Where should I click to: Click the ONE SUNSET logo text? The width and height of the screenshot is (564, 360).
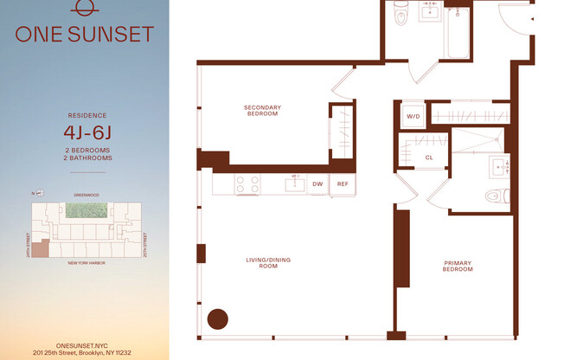coord(85,34)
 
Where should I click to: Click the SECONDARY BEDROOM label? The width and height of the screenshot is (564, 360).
coord(261,110)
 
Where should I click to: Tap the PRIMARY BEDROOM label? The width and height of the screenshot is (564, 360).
coord(458,267)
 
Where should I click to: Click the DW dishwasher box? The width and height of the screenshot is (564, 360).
coord(317,183)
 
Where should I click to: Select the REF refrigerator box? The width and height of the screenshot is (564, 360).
coord(343,183)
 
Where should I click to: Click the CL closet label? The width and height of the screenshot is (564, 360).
coord(429,157)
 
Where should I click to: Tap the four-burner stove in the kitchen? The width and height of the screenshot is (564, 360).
coord(249,183)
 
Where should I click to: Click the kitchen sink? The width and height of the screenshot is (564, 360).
coord(295,183)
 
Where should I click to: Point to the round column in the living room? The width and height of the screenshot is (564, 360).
coord(216,318)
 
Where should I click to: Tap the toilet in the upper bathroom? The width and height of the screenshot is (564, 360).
coord(401,14)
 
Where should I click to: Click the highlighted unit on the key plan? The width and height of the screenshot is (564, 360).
coord(41,247)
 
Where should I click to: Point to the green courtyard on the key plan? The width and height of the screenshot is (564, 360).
coord(89,211)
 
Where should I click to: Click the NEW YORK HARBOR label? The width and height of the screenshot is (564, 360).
coord(87,263)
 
